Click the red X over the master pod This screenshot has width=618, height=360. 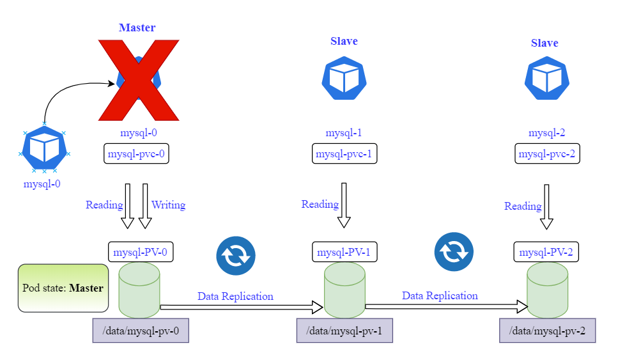[x=138, y=80]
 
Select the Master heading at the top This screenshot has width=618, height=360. [x=137, y=27]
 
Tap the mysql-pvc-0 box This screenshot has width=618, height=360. [x=136, y=154]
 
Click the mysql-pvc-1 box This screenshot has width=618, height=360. [x=344, y=154]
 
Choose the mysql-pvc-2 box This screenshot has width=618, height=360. [x=548, y=154]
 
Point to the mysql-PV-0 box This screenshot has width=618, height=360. [x=141, y=251]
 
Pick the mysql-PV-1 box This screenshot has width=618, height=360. [x=344, y=251]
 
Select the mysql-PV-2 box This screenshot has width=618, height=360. [x=546, y=251]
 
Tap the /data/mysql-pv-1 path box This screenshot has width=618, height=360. [x=344, y=331]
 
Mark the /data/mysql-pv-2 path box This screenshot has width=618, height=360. [x=548, y=331]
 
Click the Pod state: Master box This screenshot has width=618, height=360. [x=63, y=288]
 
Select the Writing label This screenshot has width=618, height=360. [x=168, y=205]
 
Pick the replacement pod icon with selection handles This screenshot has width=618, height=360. [x=45, y=149]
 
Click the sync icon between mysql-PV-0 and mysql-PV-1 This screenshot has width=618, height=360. [x=236, y=254]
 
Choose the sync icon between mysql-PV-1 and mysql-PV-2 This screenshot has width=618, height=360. [x=454, y=251]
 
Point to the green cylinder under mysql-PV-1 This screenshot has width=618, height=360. [x=344, y=290]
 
